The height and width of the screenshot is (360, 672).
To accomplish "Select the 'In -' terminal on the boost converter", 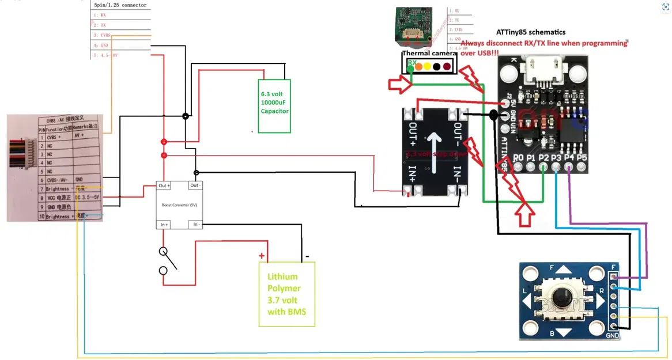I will [196, 224].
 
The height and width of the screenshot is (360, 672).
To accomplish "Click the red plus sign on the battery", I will [262, 256].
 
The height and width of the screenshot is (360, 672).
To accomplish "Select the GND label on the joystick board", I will [612, 335].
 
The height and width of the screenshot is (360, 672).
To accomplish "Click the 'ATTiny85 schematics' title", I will [531, 32].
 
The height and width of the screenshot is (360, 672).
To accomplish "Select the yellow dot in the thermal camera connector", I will [426, 67].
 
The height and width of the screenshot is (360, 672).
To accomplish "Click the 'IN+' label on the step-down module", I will [413, 176].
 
